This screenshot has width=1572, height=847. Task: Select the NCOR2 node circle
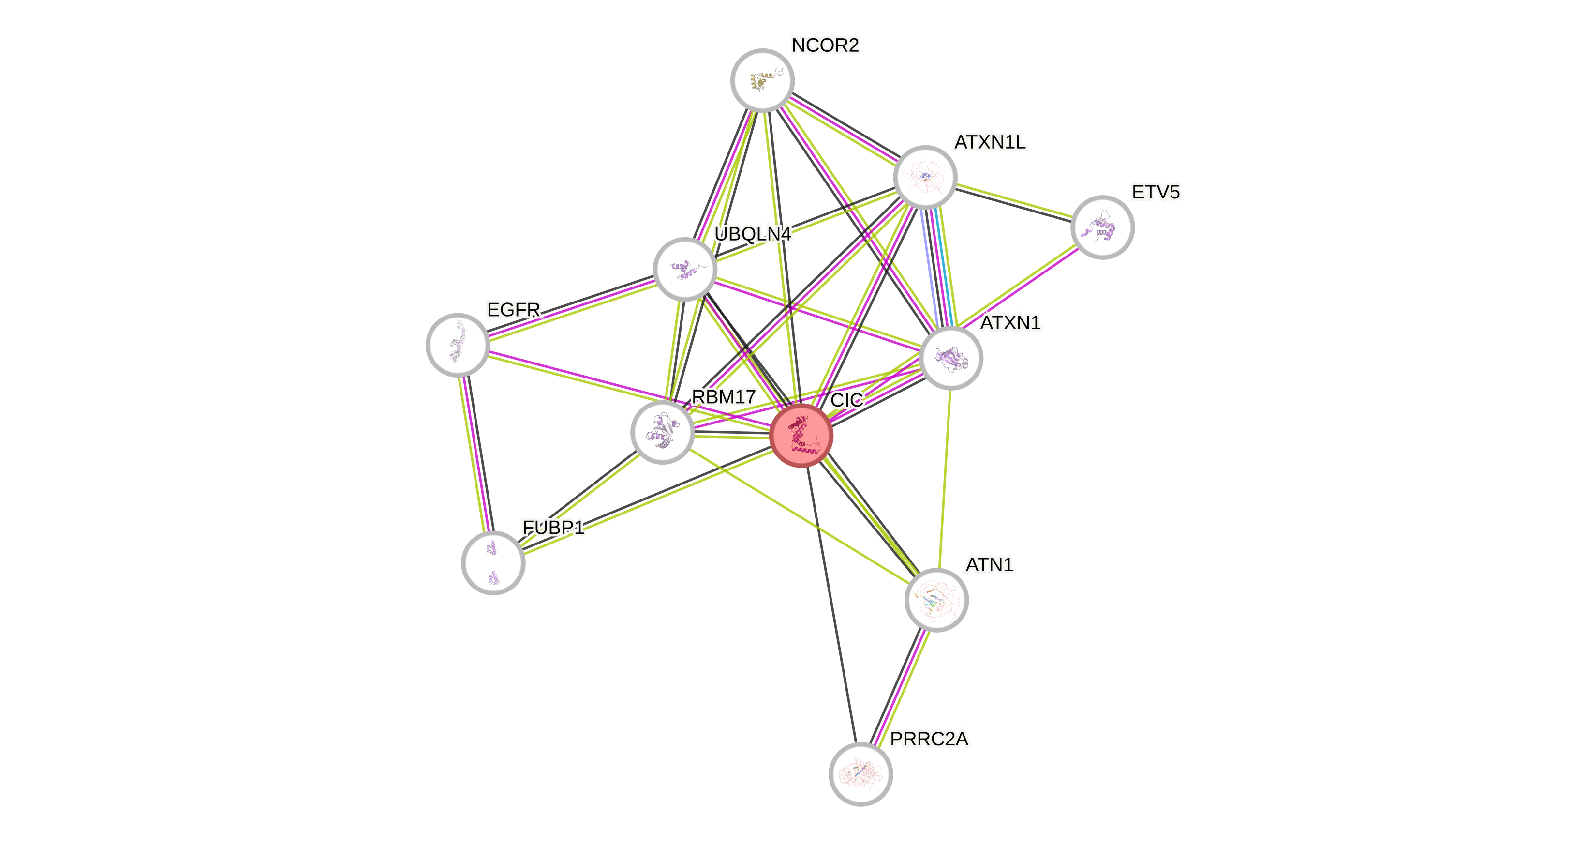pos(762,80)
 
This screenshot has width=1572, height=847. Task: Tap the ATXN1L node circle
pos(924,177)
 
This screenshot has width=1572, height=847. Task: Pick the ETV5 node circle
pos(1102,227)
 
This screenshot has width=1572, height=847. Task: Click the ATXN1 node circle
pos(951,358)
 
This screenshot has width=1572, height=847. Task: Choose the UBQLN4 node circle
pos(685,269)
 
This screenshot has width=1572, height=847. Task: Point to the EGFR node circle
pos(458,345)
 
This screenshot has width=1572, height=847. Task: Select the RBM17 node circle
pos(662,432)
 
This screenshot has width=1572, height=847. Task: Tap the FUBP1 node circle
pos(493,562)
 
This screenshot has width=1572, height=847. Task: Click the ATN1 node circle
pos(936,600)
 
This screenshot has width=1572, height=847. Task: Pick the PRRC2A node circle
pos(860,774)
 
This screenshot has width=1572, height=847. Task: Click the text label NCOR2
pos(825,45)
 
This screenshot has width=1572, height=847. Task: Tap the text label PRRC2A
pos(929,739)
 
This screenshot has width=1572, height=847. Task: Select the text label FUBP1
pos(553,527)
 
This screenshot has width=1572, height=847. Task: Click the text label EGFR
pos(513,310)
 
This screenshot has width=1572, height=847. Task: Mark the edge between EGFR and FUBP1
pos(475,454)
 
